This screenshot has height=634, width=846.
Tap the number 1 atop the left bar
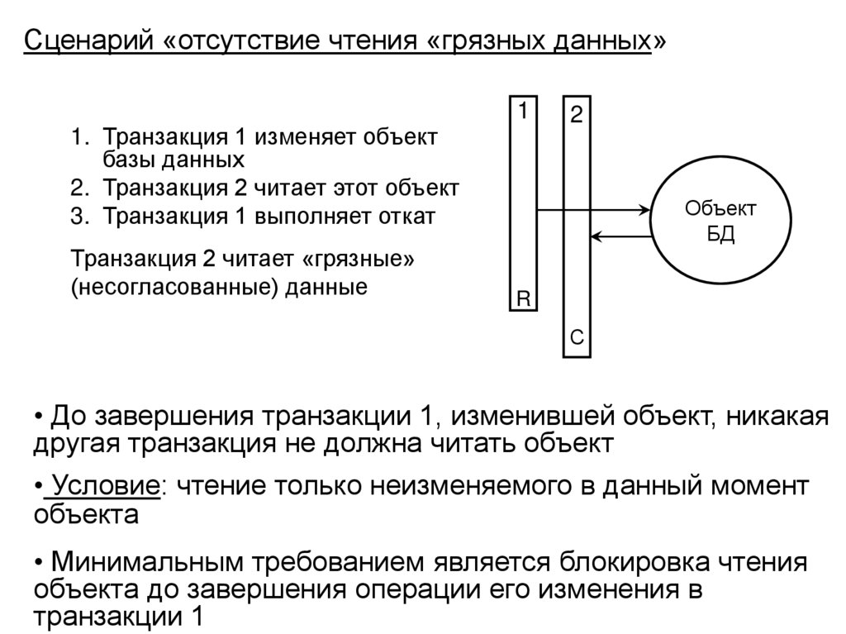click(522, 110)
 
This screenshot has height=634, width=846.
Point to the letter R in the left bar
click(522, 298)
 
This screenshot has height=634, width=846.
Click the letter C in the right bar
click(577, 337)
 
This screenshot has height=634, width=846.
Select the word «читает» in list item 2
click(281, 188)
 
